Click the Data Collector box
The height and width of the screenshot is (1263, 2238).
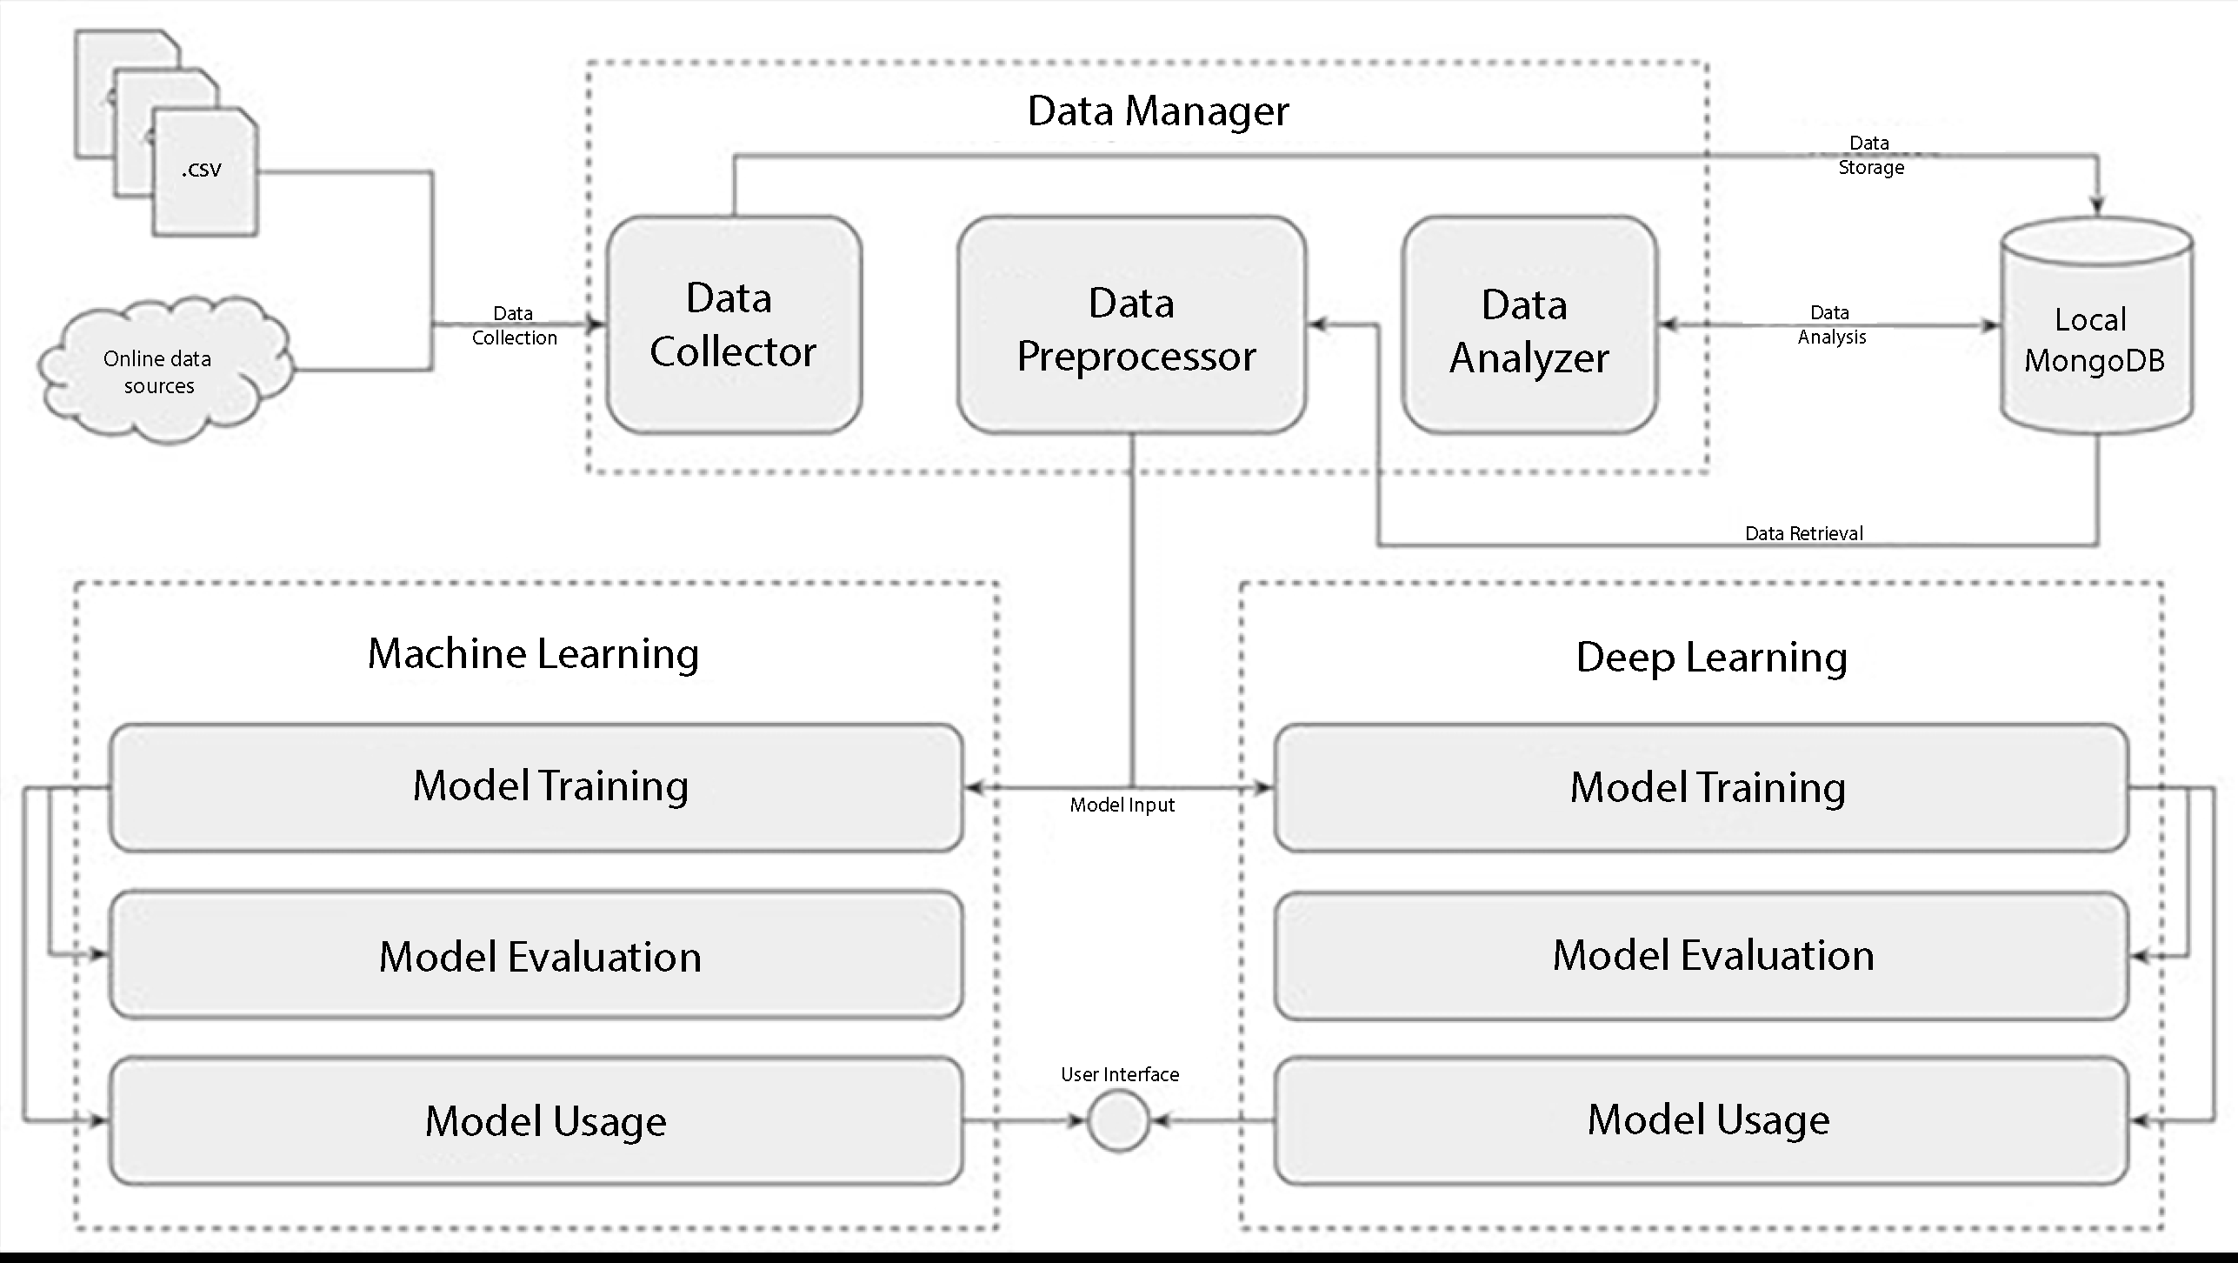pos(734,324)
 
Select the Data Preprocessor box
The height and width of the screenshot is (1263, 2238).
pos(1131,324)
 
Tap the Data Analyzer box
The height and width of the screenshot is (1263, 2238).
pos(1529,324)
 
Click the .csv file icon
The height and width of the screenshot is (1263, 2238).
pos(204,171)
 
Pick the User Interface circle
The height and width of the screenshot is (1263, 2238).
pos(1118,1121)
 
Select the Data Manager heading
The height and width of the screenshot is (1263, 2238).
pos(1157,111)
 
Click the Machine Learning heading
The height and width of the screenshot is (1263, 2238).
pos(533,654)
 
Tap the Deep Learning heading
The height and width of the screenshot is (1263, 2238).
pos(1711,658)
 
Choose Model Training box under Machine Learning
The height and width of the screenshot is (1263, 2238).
pos(536,786)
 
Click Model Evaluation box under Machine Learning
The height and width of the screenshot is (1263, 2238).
pos(536,955)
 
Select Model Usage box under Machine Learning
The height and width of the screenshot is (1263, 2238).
pos(536,1120)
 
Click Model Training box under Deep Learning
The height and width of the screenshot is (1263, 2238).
pos(1702,787)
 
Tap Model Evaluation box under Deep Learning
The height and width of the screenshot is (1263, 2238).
pos(1702,955)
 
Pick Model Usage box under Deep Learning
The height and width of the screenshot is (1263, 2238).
pos(1702,1120)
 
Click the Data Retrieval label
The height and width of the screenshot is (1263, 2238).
pos(1803,533)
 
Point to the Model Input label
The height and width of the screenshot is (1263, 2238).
pos(1122,805)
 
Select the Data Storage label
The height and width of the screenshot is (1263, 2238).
pos(1870,155)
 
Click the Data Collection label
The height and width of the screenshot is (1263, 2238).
pos(514,325)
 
